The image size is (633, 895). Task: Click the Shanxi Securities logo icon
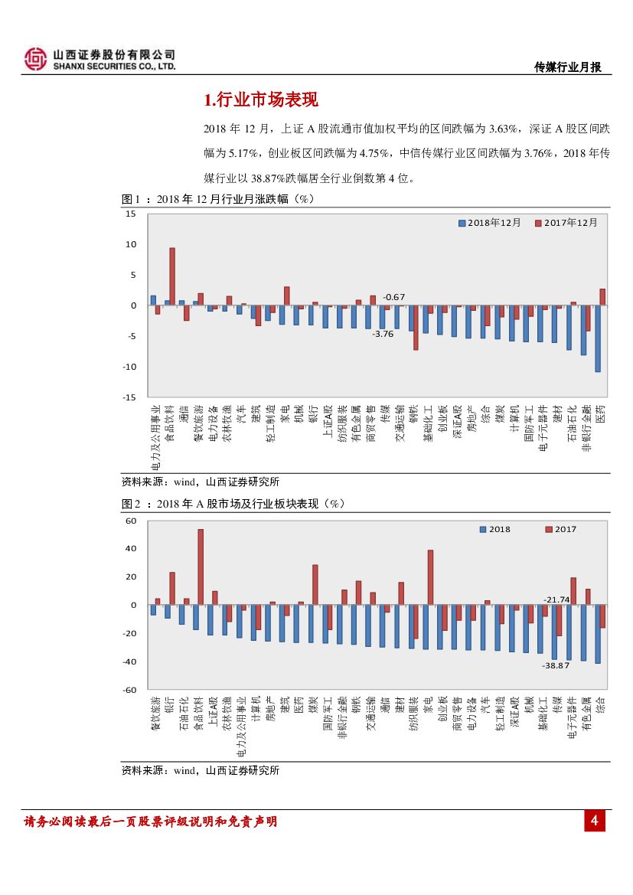pos(35,59)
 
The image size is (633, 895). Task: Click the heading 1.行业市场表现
pos(261,100)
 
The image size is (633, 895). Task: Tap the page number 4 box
pos(595,822)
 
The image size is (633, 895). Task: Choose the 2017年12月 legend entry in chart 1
pos(567,223)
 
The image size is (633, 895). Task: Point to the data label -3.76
pos(382,334)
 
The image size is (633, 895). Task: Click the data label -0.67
pos(393,296)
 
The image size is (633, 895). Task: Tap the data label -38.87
pos(556,665)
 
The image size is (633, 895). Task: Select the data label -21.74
pos(556,599)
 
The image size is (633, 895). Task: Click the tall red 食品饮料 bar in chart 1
pos(172,276)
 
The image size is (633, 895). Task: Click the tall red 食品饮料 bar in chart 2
pos(201,567)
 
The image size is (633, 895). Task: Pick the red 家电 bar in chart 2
pos(430,577)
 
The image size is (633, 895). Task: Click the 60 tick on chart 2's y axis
pos(131,521)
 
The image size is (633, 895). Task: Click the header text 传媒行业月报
pos(567,67)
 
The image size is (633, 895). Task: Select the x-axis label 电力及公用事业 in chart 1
pos(156,437)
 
